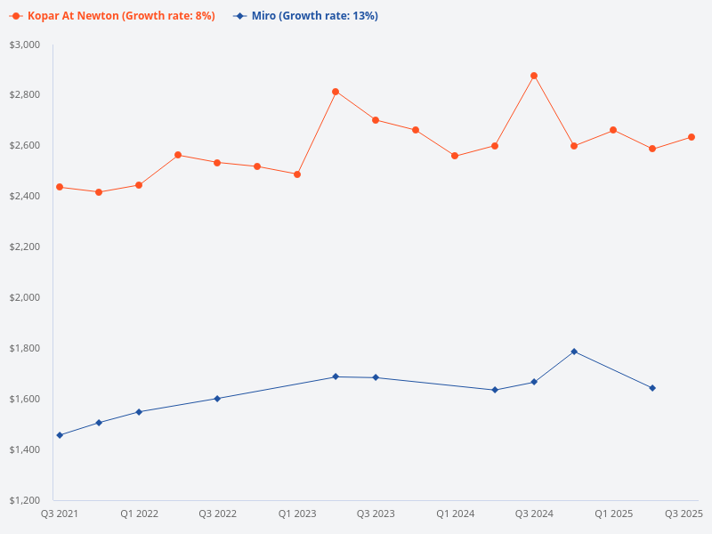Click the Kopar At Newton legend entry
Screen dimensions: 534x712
(x=113, y=16)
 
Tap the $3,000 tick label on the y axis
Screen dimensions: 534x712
(x=24, y=44)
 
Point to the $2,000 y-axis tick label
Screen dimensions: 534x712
(x=24, y=297)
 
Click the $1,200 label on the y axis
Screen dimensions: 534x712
(x=24, y=500)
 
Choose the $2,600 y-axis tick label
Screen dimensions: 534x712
(x=24, y=145)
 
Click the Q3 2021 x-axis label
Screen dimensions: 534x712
(x=60, y=514)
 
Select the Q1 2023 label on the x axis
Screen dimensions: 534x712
(x=296, y=514)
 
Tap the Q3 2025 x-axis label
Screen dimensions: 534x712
(x=684, y=514)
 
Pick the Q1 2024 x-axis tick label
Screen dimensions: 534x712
(x=455, y=514)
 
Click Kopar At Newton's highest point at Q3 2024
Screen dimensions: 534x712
(x=534, y=76)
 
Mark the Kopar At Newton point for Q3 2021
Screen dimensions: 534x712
(x=60, y=187)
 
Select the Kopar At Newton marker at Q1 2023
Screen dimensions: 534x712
(x=296, y=174)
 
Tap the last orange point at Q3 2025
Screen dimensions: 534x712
(x=692, y=137)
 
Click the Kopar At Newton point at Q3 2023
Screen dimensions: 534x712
(x=376, y=120)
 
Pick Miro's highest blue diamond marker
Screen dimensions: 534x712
(x=574, y=352)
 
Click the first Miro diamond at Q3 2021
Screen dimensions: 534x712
(x=60, y=435)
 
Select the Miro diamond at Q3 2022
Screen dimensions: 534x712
(x=217, y=399)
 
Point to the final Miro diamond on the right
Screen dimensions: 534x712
(x=652, y=388)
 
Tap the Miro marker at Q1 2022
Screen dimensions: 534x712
(x=139, y=412)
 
